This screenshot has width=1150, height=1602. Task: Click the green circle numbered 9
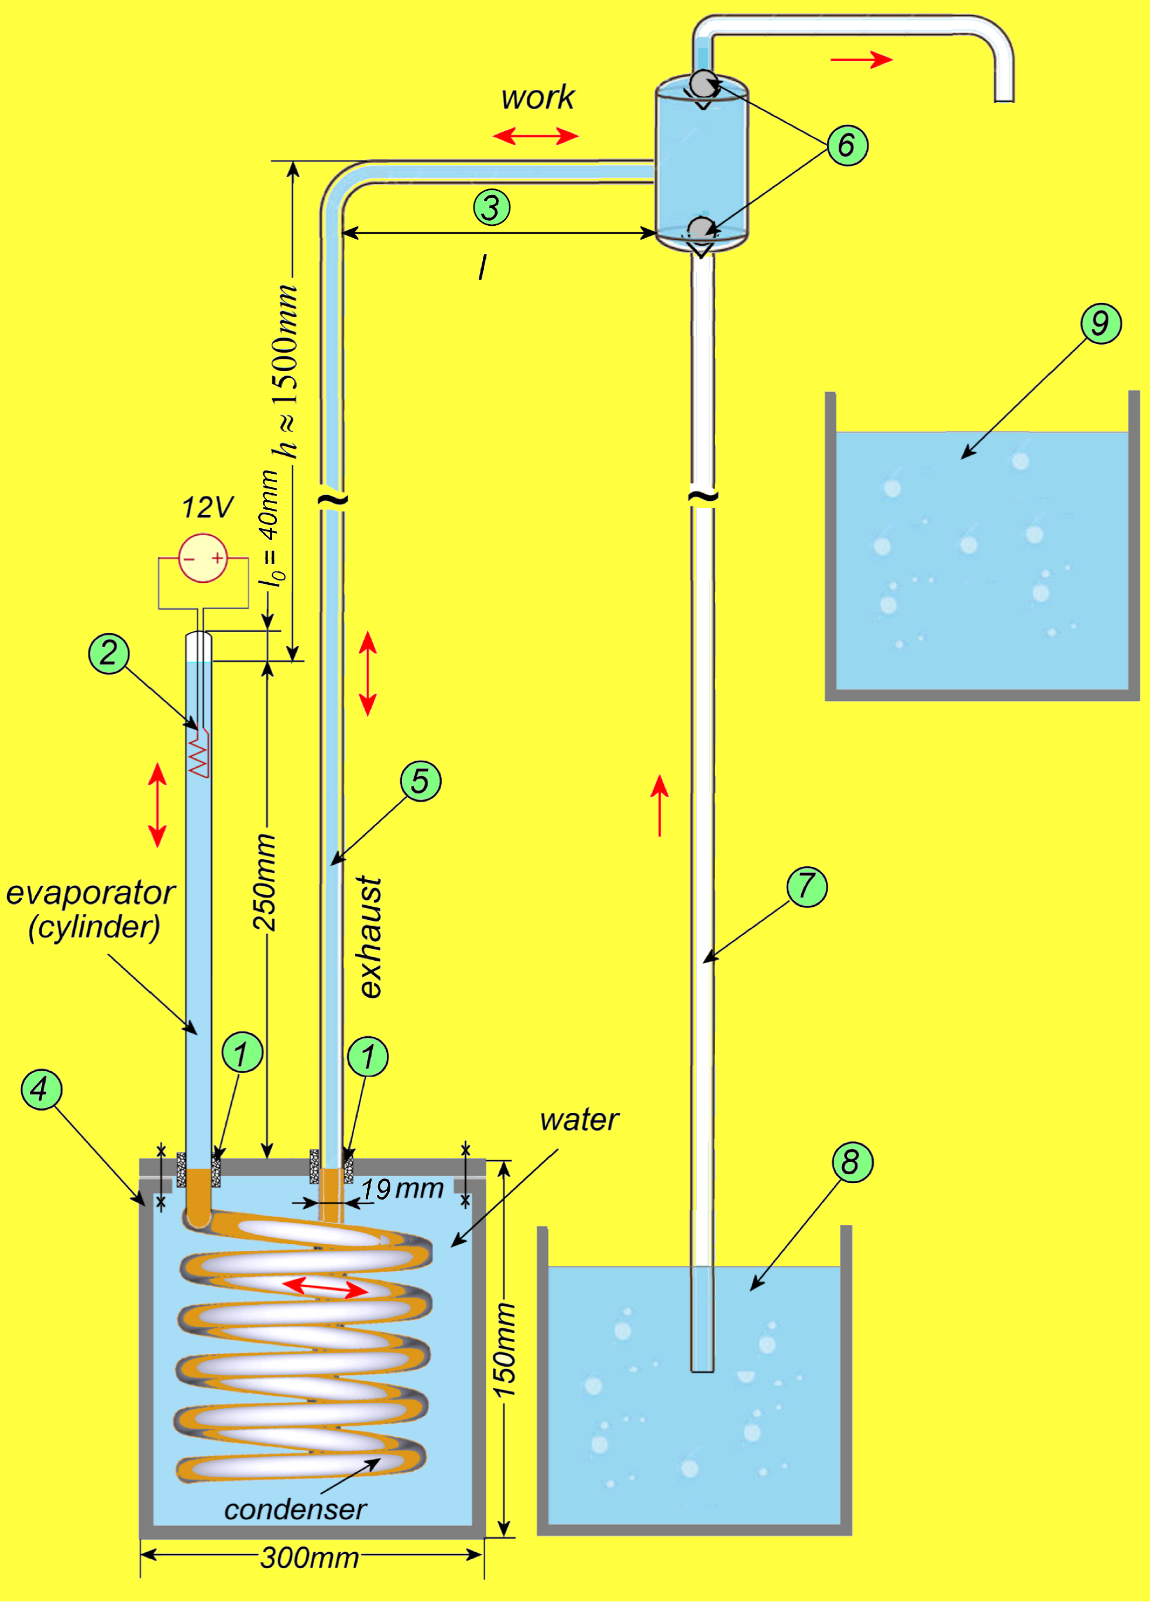(x=1101, y=324)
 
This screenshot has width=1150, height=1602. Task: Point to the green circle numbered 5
(x=420, y=781)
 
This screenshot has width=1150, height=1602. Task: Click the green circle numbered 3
(x=491, y=208)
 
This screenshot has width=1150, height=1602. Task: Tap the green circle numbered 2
(x=108, y=654)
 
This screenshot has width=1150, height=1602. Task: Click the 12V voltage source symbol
(x=202, y=558)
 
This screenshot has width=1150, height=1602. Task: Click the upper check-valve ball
(x=703, y=83)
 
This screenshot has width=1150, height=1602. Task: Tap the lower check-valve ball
(x=702, y=229)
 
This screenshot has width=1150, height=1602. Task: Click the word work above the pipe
(x=538, y=98)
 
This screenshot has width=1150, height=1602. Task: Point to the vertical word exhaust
(x=370, y=937)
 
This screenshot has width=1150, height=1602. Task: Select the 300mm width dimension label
(x=310, y=1558)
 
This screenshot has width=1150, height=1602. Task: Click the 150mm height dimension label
(x=504, y=1350)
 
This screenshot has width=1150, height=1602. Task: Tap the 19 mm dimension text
(x=402, y=1189)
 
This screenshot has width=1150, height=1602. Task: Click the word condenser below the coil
(x=296, y=1510)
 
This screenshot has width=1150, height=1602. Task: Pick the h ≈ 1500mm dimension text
(x=287, y=371)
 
